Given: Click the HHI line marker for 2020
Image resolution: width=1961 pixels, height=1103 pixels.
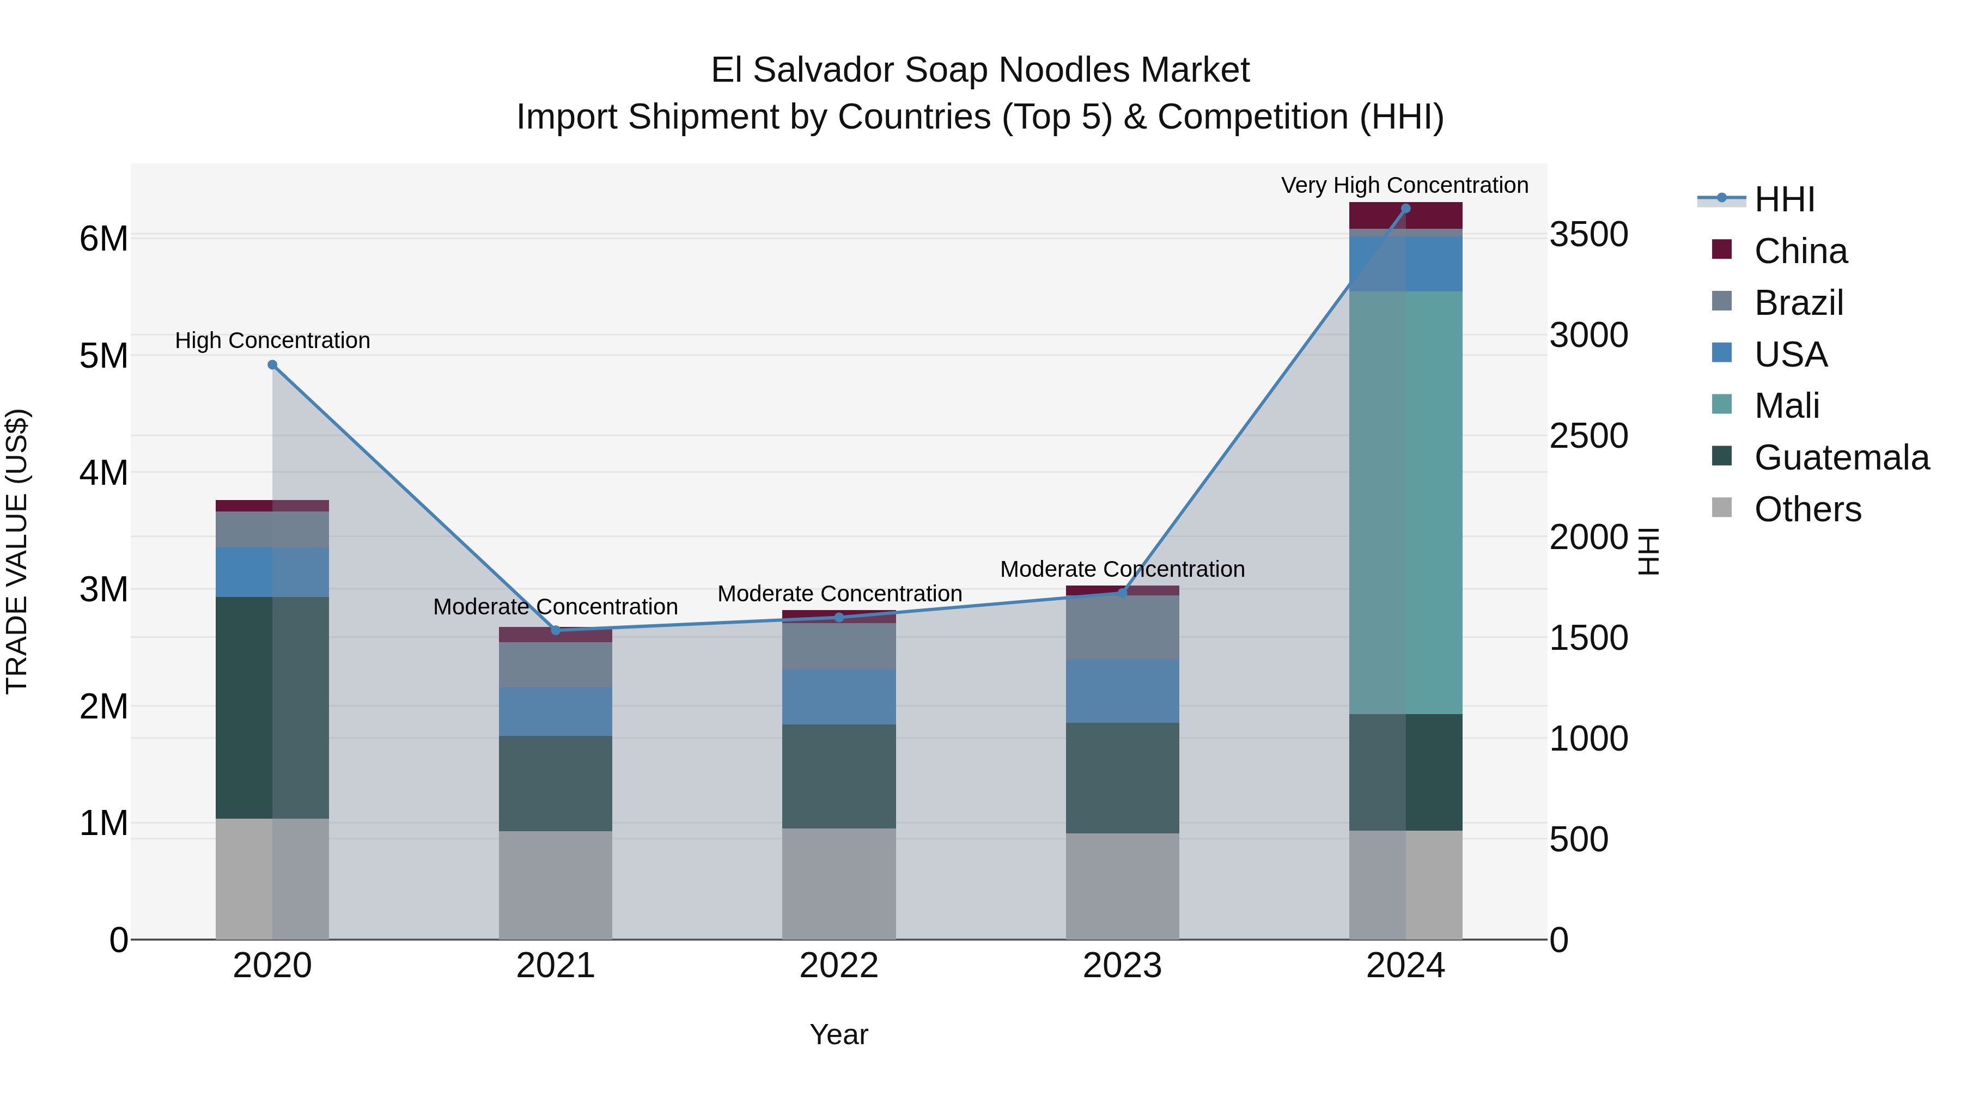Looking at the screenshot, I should pyautogui.click(x=272, y=364).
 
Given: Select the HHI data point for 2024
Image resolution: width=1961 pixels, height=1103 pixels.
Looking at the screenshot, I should pyautogui.click(x=1405, y=209).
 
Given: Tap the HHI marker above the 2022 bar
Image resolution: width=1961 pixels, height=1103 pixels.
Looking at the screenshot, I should pyautogui.click(x=839, y=617).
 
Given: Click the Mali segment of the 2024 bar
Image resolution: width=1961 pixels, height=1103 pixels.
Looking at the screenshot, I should pyautogui.click(x=1405, y=502).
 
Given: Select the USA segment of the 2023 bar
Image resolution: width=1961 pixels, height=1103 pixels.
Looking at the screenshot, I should pyautogui.click(x=1122, y=691).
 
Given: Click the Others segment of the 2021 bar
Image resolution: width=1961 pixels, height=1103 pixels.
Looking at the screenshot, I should pyautogui.click(x=555, y=885).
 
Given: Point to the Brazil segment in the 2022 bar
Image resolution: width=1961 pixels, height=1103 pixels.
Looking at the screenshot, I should pyautogui.click(x=839, y=646).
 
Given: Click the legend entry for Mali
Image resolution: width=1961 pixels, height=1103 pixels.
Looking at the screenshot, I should pyautogui.click(x=1786, y=406).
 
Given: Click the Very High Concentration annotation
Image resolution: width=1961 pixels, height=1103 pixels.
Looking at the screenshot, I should pyautogui.click(x=1404, y=185).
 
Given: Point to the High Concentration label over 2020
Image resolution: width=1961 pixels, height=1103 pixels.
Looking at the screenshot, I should pyautogui.click(x=272, y=340).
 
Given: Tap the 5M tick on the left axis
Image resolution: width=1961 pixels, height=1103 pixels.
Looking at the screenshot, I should pyautogui.click(x=103, y=356).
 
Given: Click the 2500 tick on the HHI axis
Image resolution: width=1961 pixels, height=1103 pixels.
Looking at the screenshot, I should pyautogui.click(x=1589, y=436).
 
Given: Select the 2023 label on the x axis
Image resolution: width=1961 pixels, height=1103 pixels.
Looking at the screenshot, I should pyautogui.click(x=1122, y=966).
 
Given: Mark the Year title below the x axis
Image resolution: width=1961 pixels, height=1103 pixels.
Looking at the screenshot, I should pyautogui.click(x=839, y=1034).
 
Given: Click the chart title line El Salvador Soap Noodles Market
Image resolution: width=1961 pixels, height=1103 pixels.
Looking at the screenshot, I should pyautogui.click(x=980, y=70).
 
